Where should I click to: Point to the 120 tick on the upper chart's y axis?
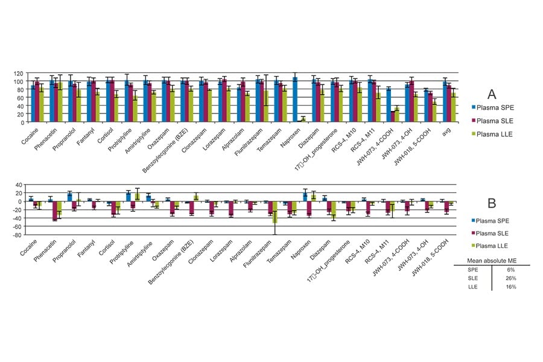(x=19, y=73)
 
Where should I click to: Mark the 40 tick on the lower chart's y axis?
(x=19, y=185)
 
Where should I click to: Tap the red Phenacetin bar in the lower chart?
(x=55, y=211)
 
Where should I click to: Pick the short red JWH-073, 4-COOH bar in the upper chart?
(x=393, y=116)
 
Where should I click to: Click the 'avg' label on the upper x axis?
(x=446, y=128)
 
